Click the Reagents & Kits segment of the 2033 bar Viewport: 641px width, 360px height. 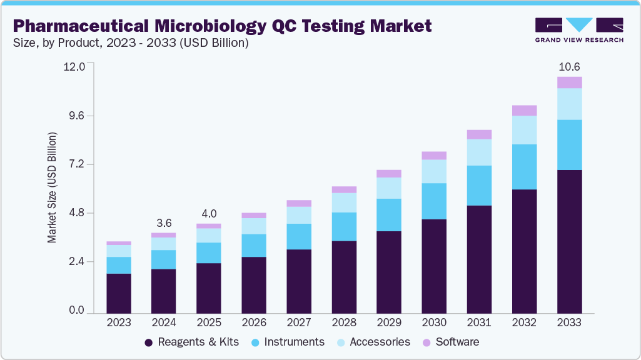569,241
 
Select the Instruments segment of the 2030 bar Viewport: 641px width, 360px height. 434,201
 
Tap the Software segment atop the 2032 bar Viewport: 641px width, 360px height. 524,111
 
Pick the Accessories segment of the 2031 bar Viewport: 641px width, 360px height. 479,152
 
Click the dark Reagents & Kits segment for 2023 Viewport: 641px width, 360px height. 119,293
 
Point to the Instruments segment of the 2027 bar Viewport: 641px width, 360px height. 299,236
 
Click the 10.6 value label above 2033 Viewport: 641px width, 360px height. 569,67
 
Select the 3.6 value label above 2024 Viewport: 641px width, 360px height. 164,223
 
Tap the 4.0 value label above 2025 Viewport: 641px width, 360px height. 209,213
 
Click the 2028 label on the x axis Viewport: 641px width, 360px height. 344,323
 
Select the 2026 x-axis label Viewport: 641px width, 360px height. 254,323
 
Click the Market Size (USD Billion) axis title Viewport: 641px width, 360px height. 53,187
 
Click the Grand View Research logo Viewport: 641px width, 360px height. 578,29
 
